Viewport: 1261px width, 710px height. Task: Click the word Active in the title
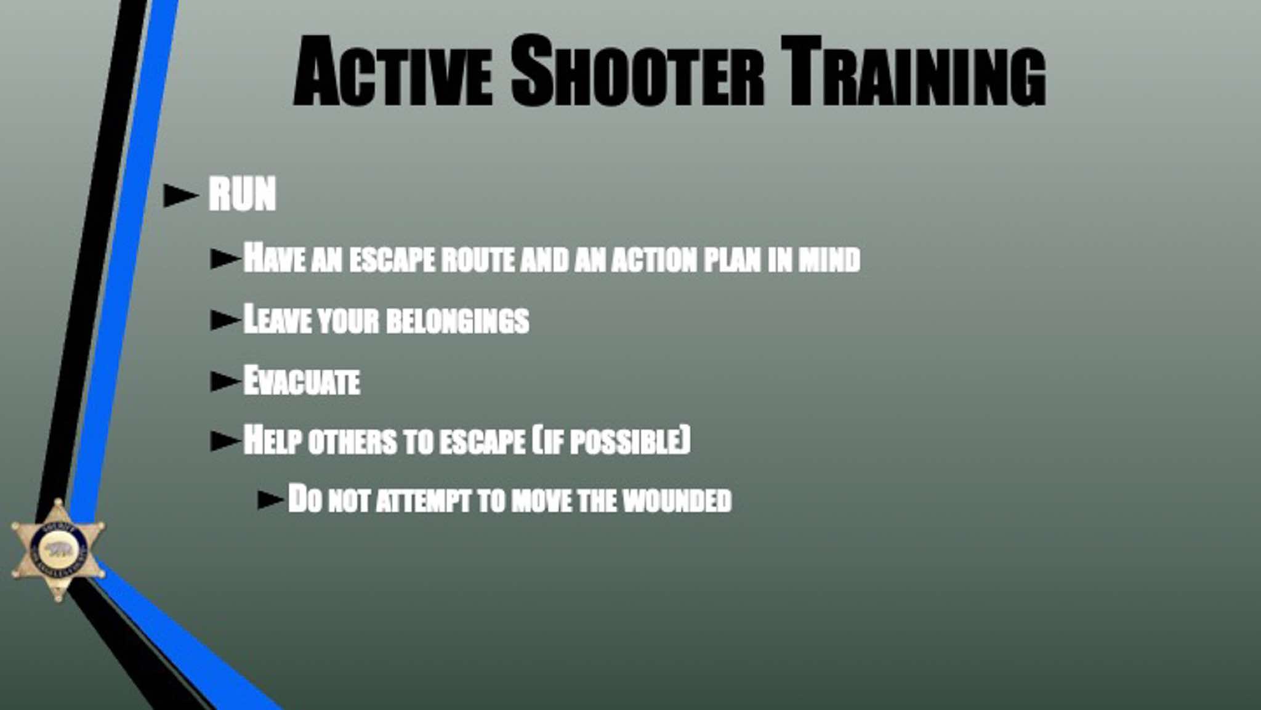tap(393, 72)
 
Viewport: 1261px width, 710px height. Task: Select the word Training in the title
tap(913, 72)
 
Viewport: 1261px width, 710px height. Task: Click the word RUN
tap(242, 194)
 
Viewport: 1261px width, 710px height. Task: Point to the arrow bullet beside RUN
tap(181, 195)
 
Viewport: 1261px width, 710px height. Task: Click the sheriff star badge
tap(58, 550)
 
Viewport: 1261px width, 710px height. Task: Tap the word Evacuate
tap(302, 381)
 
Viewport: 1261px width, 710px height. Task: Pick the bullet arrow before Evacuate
tap(225, 381)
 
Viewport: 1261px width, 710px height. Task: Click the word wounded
tap(677, 500)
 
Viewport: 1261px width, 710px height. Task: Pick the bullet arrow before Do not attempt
tap(272, 500)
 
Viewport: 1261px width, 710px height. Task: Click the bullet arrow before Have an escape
tap(225, 259)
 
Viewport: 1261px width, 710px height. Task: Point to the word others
tap(353, 442)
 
